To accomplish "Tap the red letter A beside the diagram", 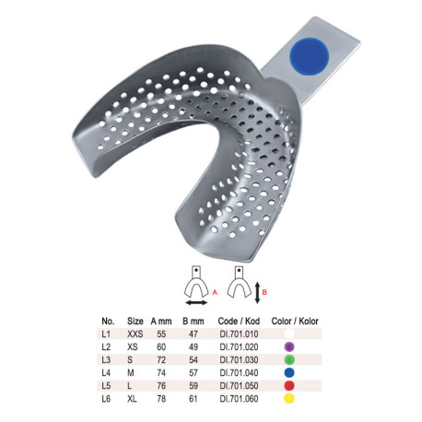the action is [x=215, y=292].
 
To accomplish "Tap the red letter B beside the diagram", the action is [x=264, y=292].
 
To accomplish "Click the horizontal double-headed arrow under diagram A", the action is [x=196, y=303].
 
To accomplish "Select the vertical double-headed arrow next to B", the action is [x=257, y=292].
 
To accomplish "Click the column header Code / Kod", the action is [x=239, y=322].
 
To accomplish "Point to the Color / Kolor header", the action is [x=295, y=322].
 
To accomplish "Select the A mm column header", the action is [x=161, y=322].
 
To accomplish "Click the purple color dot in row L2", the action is [x=289, y=346].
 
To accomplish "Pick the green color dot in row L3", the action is [x=289, y=359].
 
